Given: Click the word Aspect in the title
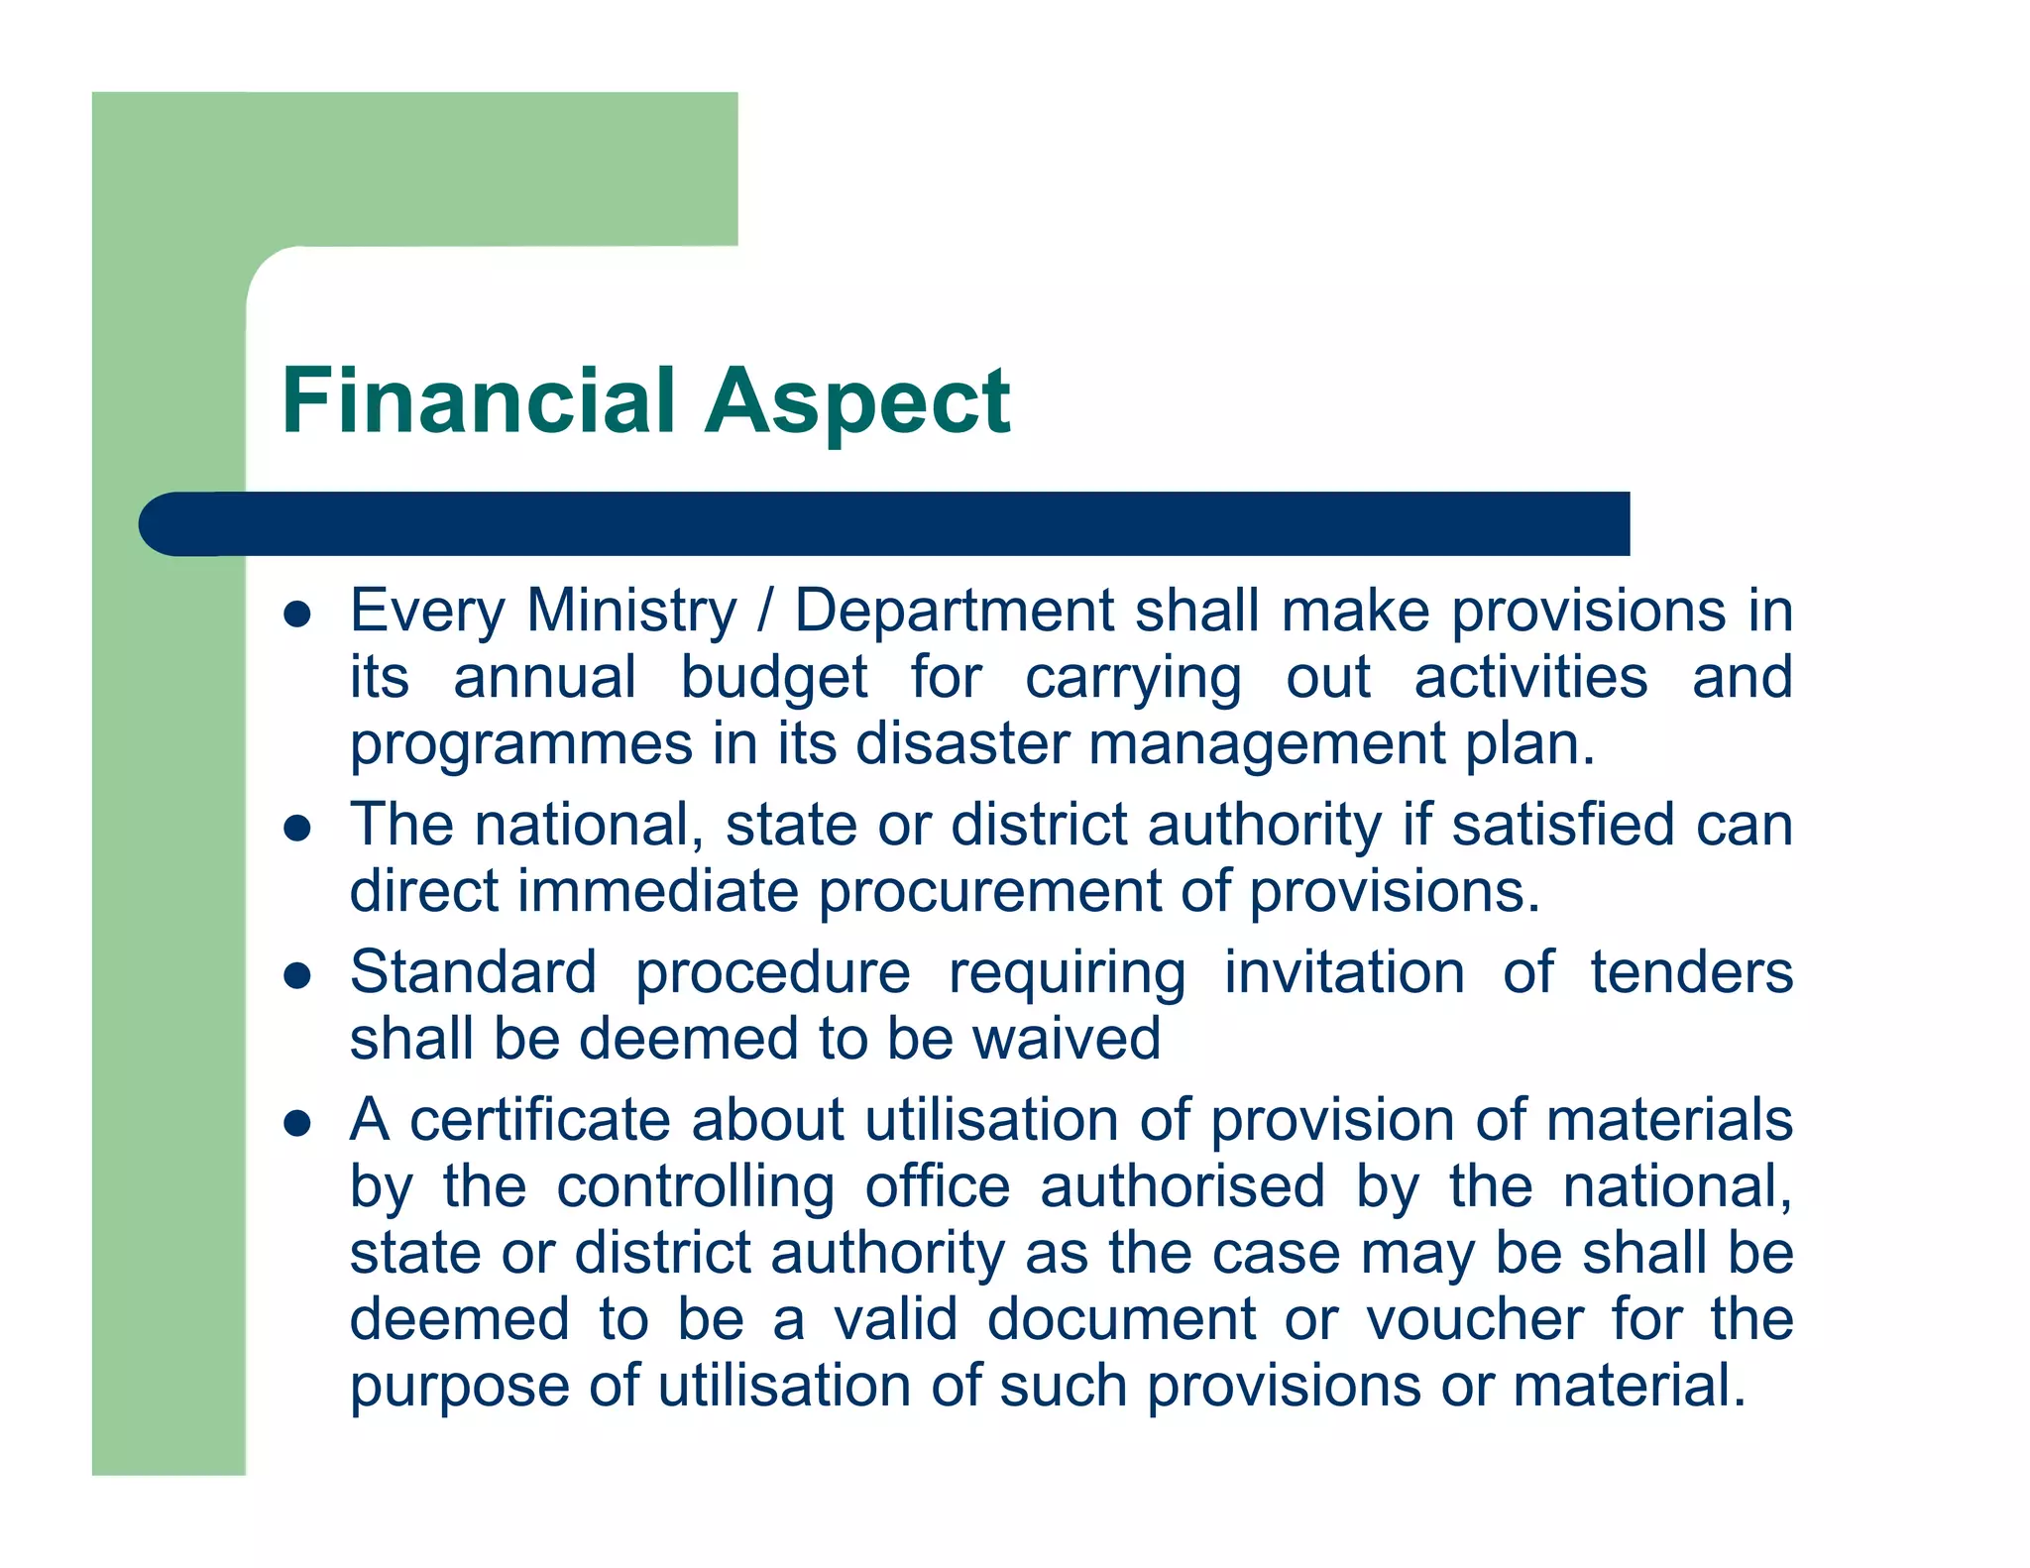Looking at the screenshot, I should point(857,402).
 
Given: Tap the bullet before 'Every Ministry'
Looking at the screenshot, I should point(297,615).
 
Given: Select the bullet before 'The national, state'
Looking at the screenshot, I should point(297,828).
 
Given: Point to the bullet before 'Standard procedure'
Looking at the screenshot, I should point(297,976).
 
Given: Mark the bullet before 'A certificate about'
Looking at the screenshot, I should point(297,1123).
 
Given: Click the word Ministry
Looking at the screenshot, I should point(631,611).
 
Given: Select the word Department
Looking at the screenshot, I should point(955,611).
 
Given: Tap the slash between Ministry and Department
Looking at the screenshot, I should point(765,611).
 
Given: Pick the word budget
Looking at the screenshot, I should point(773,678).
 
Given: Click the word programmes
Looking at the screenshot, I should point(520,745).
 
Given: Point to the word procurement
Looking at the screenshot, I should point(989,892).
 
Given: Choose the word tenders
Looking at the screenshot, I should point(1691,972).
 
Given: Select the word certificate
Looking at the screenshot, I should point(539,1120).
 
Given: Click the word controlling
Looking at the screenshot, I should point(695,1187).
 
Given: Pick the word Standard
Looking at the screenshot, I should point(473,972).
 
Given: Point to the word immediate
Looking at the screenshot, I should point(658,892).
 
